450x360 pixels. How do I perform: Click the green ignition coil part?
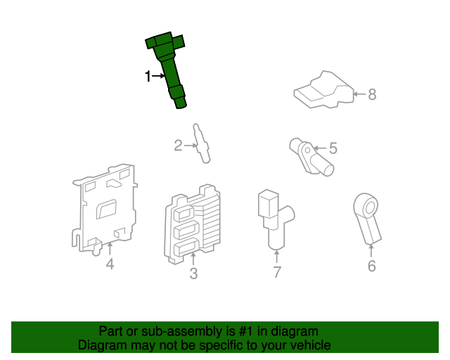pos(169,67)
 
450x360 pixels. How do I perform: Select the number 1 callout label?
pos(148,76)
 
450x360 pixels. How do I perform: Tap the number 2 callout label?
pos(179,146)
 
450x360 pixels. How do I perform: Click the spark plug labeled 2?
pos(202,143)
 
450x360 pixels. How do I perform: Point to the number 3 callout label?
pos(193,274)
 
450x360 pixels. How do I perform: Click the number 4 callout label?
pos(110,264)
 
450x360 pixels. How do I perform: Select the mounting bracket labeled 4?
pos(105,207)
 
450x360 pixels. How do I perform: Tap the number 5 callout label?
pos(333,148)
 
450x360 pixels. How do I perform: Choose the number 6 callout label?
pos(372,266)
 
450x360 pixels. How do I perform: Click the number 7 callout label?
pos(277,272)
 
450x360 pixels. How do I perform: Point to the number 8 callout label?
pos(373,94)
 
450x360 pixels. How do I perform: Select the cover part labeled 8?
pos(323,91)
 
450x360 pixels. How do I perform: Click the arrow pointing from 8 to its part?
pos(358,94)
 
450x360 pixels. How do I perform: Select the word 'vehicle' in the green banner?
pos(310,345)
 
